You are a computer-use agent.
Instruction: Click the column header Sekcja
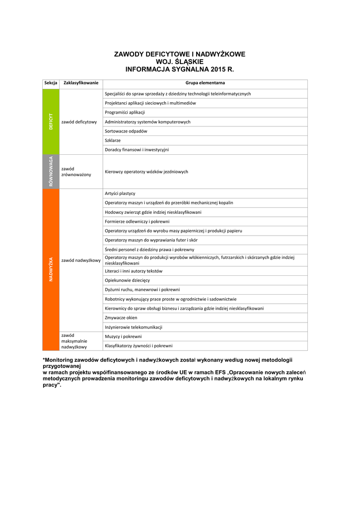click(x=51, y=83)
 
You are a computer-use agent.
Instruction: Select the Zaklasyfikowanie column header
click(x=81, y=83)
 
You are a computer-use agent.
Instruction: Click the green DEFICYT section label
click(x=51, y=122)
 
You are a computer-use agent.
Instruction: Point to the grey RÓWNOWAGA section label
click(x=51, y=171)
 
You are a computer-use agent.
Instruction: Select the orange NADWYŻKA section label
click(x=51, y=269)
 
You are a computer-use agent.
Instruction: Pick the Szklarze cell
click(x=113, y=140)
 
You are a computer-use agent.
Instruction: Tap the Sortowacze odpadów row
click(x=126, y=131)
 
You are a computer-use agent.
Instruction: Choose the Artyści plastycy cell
click(x=120, y=193)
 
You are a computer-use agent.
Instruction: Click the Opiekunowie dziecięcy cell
click(x=127, y=280)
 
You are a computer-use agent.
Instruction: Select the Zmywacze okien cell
click(x=121, y=317)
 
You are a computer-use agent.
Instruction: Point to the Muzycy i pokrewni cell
click(x=123, y=336)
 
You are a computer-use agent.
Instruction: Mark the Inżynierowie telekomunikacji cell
click(x=134, y=327)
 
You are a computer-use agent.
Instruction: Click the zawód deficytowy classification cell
click(x=79, y=122)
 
